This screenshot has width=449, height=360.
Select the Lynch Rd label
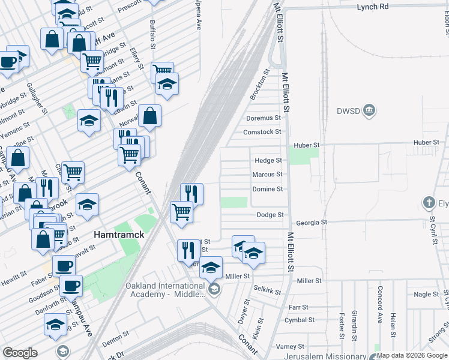click(x=373, y=6)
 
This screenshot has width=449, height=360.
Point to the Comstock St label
click(x=262, y=132)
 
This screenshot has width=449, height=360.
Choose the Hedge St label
click(x=268, y=161)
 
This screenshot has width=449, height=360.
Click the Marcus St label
click(x=267, y=175)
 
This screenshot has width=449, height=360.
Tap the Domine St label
click(x=267, y=189)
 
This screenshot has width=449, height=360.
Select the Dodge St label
click(x=270, y=215)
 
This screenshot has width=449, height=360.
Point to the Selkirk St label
click(x=267, y=290)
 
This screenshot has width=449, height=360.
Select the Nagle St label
click(x=427, y=295)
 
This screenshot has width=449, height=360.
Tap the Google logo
click(x=20, y=352)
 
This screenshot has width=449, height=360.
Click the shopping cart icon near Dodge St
click(x=181, y=211)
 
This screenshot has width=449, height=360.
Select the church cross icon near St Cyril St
click(x=429, y=202)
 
